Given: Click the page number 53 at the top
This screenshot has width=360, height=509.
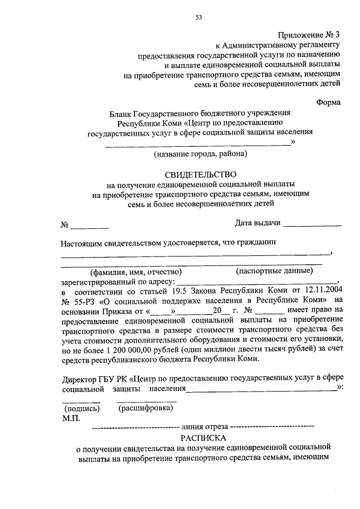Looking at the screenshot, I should (199, 17).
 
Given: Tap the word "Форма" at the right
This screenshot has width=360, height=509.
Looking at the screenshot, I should (328, 103).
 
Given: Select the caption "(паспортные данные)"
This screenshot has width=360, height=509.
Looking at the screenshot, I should (274, 270).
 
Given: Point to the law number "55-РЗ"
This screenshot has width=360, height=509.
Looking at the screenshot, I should (84, 301).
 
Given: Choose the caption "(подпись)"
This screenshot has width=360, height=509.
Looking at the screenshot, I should (81, 408).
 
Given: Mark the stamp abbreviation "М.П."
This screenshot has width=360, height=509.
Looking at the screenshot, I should (72, 418).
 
